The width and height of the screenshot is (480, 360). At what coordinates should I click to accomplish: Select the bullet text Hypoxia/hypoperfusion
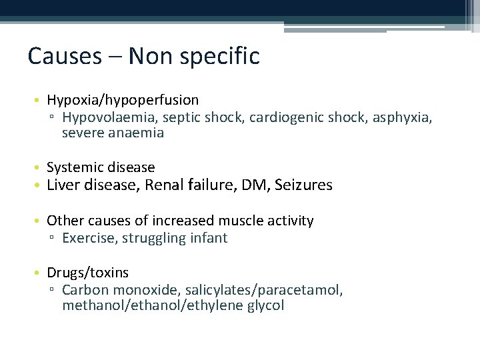(x=123, y=100)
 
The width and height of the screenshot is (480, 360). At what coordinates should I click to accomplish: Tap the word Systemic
(x=72, y=167)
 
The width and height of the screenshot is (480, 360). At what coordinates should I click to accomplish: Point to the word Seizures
(x=303, y=185)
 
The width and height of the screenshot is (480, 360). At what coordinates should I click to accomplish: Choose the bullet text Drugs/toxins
(x=87, y=273)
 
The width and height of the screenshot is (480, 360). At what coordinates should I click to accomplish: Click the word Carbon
(x=85, y=290)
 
